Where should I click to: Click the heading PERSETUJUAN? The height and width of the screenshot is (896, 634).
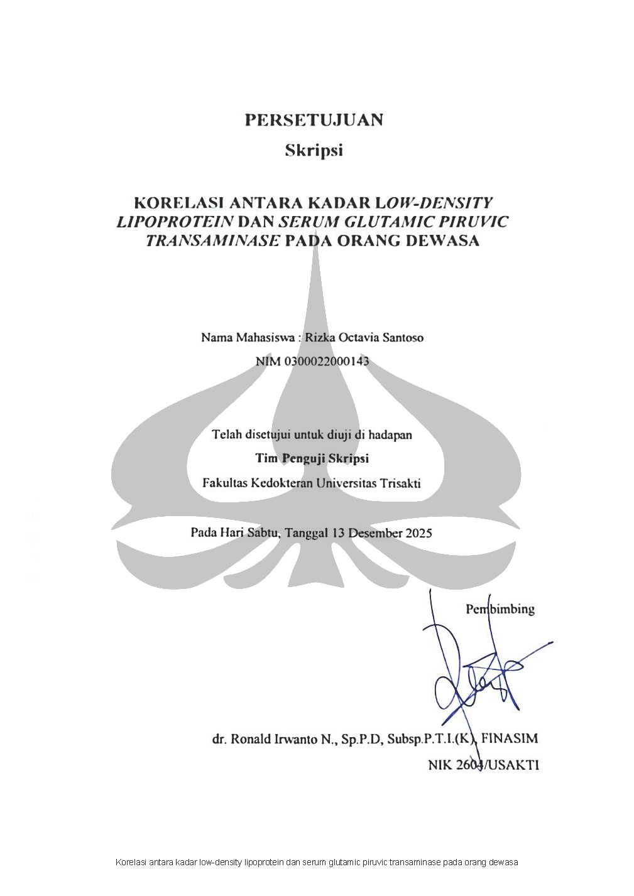[314, 120]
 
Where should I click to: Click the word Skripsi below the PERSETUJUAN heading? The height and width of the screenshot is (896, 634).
[314, 151]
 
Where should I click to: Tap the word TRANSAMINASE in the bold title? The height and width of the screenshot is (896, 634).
[212, 241]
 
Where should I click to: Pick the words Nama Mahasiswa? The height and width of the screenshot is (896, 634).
[248, 338]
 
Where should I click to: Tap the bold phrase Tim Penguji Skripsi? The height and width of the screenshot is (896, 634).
[312, 459]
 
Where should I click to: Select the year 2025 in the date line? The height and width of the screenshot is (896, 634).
[418, 533]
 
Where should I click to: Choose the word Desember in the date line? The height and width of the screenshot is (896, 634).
[375, 533]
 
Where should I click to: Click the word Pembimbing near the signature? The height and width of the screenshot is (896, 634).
[500, 609]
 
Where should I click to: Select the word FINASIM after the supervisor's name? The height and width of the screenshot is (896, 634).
[510, 738]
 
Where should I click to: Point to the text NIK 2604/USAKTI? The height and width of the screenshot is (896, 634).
[483, 765]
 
